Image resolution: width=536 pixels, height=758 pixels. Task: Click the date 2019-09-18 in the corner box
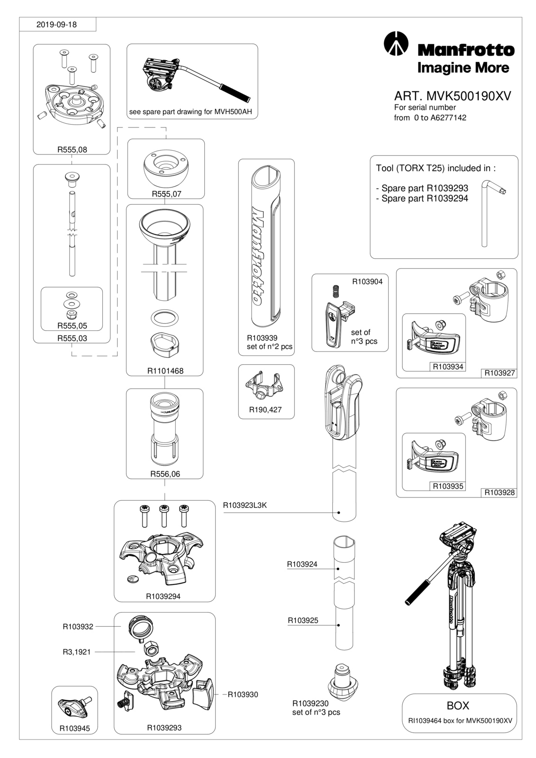[x=56, y=25]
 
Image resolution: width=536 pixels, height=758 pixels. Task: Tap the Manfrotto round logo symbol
[x=395, y=44]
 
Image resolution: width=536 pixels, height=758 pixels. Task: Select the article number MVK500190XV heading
[x=453, y=97]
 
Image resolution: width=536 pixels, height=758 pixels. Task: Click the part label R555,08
[x=72, y=150]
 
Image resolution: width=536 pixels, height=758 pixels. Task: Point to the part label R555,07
[x=166, y=194]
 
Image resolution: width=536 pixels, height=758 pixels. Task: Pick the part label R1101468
[x=165, y=371]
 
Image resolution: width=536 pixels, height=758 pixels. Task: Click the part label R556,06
[x=165, y=474]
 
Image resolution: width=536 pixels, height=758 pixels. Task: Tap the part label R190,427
[x=265, y=410]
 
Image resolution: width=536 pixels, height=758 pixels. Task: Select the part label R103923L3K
[x=245, y=505]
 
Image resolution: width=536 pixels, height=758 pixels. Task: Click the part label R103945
[x=75, y=729]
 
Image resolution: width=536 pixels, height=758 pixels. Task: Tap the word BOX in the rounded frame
[x=458, y=705]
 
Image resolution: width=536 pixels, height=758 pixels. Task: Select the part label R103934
[x=448, y=367]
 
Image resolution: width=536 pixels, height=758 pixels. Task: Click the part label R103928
[x=500, y=492]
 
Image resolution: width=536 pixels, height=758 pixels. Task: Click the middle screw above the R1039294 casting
[x=164, y=516]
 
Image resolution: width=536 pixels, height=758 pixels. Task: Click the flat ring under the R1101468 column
[x=164, y=318]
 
